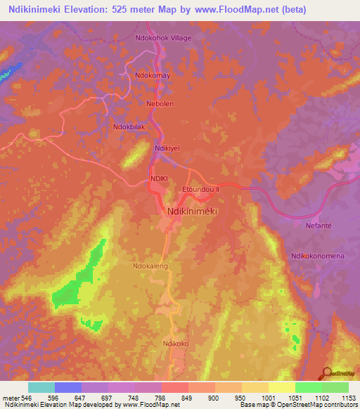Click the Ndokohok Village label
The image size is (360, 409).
click(x=162, y=37)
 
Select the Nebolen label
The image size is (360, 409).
click(x=159, y=103)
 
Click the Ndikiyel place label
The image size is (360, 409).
click(x=168, y=148)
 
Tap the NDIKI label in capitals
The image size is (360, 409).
click(x=157, y=180)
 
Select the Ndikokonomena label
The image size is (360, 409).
click(x=317, y=256)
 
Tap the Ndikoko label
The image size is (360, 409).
click(x=176, y=344)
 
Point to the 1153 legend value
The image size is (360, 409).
click(x=347, y=398)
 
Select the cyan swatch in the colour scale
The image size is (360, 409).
click(x=41, y=387)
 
